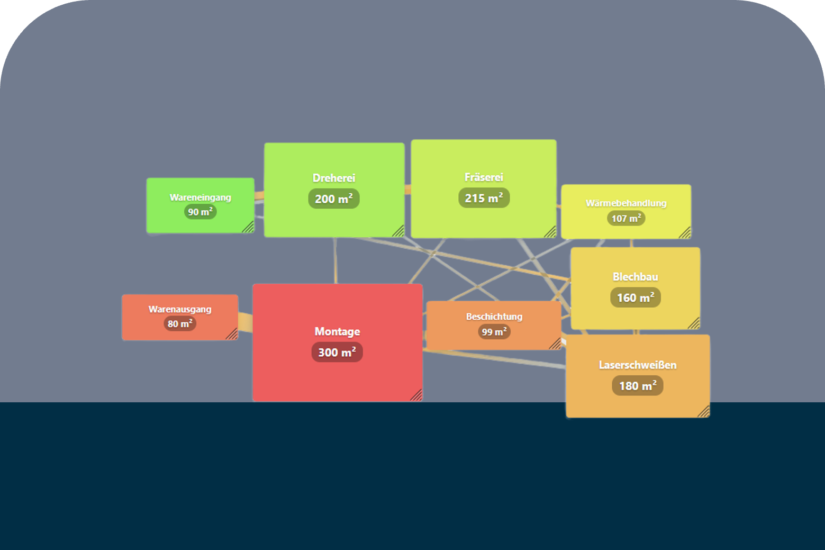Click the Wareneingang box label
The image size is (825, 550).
pos(201,197)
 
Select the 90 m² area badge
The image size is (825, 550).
pos(201,212)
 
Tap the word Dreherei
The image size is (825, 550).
pos(334,178)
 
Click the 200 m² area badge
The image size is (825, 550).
pos(334,199)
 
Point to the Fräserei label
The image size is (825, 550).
pos(484,177)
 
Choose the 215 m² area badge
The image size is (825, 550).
pos(484,198)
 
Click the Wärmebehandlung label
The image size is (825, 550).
pos(626,203)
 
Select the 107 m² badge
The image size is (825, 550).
pos(626,219)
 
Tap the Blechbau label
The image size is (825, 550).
pos(636,277)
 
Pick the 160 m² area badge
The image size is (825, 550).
pos(636,297)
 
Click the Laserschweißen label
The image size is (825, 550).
pos(638,365)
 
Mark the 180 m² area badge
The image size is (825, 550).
pos(638,386)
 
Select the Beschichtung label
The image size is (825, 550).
pos(494,317)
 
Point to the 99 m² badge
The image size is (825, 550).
pos(494,332)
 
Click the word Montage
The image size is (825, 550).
pos(338,331)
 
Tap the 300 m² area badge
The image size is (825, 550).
pos(337,352)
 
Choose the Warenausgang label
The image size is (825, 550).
pos(180,309)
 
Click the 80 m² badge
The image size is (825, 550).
pos(180,324)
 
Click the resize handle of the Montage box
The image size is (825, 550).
pos(416,395)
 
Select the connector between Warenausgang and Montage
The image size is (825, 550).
pos(246,322)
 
